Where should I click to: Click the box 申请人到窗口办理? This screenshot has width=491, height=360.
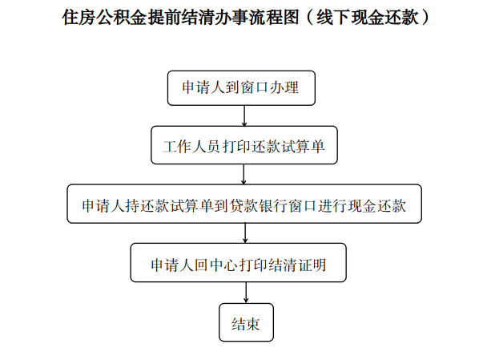point(241,88)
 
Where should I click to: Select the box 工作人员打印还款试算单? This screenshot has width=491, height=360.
point(244,145)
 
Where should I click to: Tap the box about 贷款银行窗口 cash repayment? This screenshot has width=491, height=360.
point(244,204)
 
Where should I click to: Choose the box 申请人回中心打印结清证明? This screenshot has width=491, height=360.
point(239,262)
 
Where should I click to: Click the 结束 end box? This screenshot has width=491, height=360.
point(246,322)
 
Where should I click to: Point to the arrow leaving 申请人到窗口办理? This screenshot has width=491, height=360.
point(244,115)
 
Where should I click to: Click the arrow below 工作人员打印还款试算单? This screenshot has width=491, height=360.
point(243,174)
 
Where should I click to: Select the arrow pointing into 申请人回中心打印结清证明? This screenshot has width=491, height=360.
point(245,233)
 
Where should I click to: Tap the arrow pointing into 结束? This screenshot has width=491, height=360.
point(246,293)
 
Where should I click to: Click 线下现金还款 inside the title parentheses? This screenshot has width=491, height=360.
point(368,17)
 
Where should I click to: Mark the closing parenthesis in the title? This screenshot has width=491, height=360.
point(425,17)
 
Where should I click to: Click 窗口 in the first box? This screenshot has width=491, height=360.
point(255,87)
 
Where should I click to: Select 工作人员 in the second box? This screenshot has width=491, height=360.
point(191,146)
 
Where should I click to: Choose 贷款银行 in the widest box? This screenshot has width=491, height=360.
point(259,205)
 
